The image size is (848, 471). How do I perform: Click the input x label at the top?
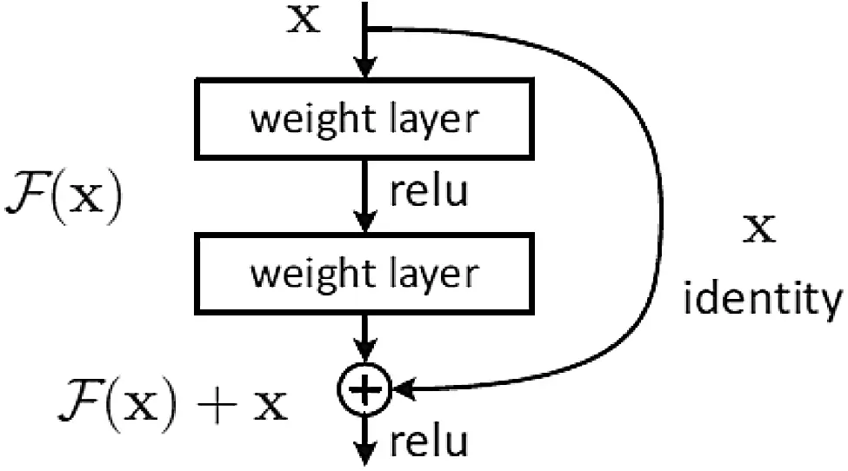coord(304,20)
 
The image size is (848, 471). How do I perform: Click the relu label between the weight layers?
coord(429,190)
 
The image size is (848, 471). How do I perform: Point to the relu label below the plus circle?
coord(429,441)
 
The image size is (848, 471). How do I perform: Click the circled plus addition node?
coord(364,389)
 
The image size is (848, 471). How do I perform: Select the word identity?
coord(763,298)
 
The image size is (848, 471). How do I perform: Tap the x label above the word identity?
coord(760,229)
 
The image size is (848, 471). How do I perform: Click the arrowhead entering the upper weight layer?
coord(365,70)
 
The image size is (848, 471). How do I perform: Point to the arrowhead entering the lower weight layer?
coord(365,222)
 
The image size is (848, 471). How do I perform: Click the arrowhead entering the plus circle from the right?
coord(404,389)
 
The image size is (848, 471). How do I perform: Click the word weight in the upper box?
coord(306,120)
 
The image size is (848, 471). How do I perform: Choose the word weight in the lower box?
coord(306,275)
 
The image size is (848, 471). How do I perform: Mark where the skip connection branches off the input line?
coord(367,28)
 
